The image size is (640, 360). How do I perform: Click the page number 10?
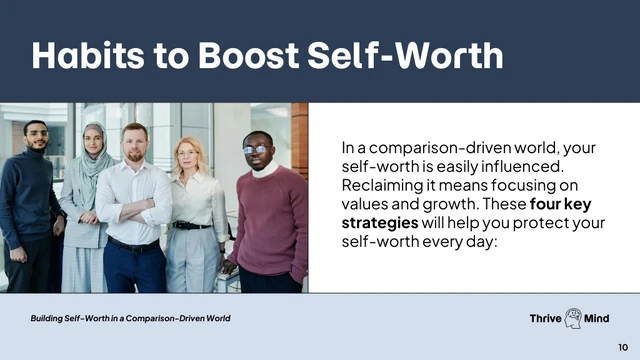pos(623,346)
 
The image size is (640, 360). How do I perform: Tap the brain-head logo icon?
pos(574,318)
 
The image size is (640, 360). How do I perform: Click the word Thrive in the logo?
pos(546,318)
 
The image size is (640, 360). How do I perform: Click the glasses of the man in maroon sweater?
pos(256,149)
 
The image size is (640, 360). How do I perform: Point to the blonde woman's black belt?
pos(192,225)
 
